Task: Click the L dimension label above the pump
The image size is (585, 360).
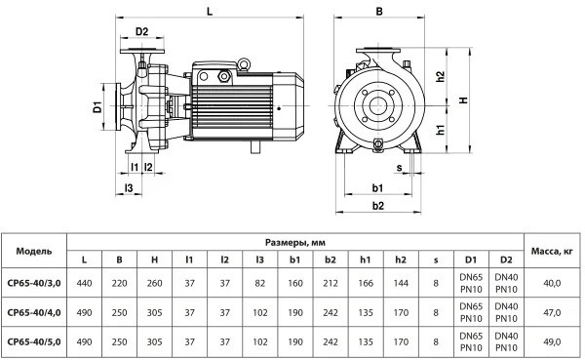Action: point(210,11)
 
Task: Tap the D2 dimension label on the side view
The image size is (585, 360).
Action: point(141,32)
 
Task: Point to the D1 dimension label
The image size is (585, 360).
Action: point(97,106)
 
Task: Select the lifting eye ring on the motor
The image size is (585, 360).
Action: point(244,64)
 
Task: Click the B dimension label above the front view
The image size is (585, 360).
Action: point(379,11)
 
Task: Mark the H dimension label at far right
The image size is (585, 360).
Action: point(463,100)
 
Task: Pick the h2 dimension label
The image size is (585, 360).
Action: point(441,76)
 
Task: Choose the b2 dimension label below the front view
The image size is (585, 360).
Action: point(378,206)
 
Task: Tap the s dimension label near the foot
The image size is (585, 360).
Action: point(400,168)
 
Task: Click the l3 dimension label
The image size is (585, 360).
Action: point(129,188)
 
